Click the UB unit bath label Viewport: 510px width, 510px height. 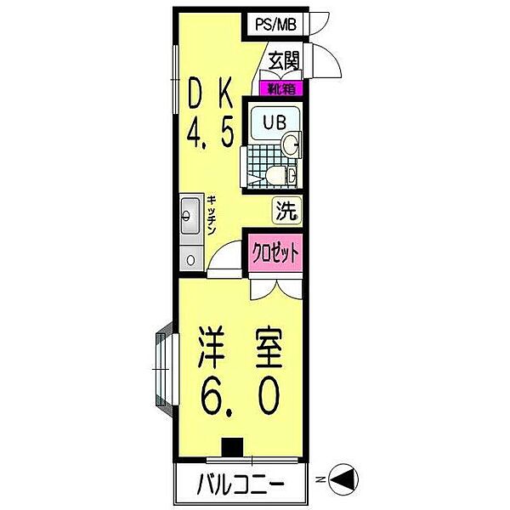pyautogui.click(x=274, y=122)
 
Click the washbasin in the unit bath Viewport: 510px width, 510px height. pyautogui.click(x=291, y=144)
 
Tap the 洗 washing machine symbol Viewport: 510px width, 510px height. pyautogui.click(x=285, y=210)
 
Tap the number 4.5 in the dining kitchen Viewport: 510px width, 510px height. pyautogui.click(x=210, y=133)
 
